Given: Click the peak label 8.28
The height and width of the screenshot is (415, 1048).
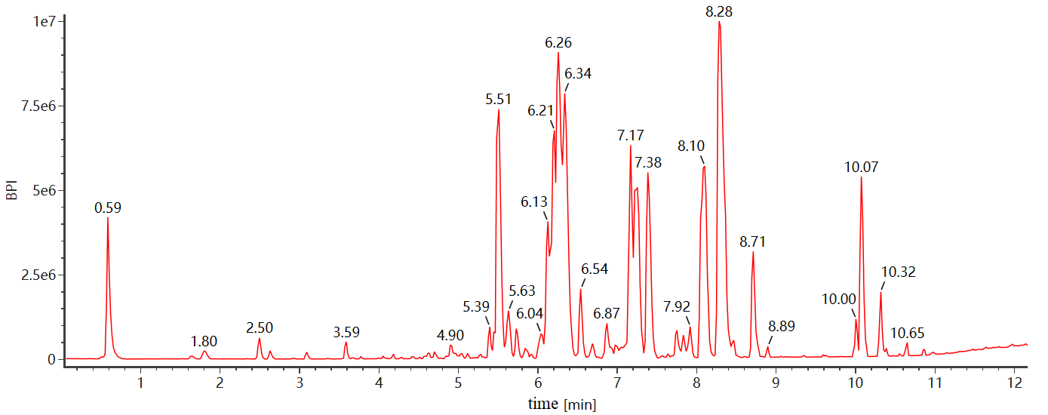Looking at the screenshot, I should tap(719, 11).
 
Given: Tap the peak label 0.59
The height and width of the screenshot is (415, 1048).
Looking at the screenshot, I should tap(108, 207).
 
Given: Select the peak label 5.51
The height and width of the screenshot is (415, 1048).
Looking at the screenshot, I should tap(498, 99).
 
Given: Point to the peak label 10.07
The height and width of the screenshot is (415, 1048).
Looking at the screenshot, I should tap(861, 167).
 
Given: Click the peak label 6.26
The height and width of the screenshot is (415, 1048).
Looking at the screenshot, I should tap(558, 43).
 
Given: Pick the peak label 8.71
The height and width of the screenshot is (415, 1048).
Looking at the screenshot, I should tap(753, 242).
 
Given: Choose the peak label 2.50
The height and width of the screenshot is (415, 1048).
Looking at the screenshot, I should tap(260, 327).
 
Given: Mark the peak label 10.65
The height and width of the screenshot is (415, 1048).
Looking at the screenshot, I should tap(907, 333).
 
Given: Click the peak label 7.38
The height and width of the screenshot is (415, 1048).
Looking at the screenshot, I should tap(648, 162).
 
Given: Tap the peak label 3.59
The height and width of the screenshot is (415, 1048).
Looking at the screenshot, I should tap(346, 332).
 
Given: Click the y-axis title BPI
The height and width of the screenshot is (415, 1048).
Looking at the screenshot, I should tap(12, 189).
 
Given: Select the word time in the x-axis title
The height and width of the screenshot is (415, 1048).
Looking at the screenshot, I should tap(543, 404).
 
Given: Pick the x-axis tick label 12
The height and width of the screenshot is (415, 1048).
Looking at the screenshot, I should tap(1014, 383).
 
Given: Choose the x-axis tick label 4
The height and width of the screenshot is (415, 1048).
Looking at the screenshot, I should tap(379, 383).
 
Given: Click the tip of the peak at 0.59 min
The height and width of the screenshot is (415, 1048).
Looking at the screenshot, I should tap(108, 218).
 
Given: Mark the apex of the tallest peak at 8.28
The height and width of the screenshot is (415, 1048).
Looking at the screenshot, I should tap(719, 22).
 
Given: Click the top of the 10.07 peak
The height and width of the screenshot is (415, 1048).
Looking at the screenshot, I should tap(861, 178).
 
